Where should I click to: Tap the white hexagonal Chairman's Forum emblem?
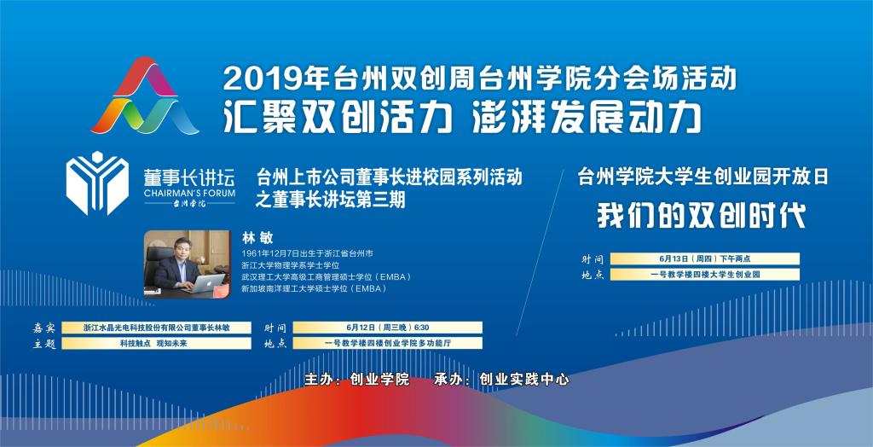[97, 183]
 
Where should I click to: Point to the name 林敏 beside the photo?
[257, 239]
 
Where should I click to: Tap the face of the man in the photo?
[182, 249]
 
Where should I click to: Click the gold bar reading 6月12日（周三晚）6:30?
[388, 328]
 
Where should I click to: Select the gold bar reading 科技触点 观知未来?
[157, 343]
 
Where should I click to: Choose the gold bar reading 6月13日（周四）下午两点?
[705, 258]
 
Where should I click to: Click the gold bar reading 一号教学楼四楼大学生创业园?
[705, 274]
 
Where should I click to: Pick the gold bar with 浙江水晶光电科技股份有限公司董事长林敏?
[157, 328]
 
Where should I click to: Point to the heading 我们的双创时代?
[702, 216]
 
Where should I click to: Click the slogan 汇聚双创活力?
[338, 118]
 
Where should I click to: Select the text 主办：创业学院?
[357, 380]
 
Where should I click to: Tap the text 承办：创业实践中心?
[501, 380]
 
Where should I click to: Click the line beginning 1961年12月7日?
[307, 253]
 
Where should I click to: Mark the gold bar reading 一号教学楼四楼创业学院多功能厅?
[388, 343]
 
